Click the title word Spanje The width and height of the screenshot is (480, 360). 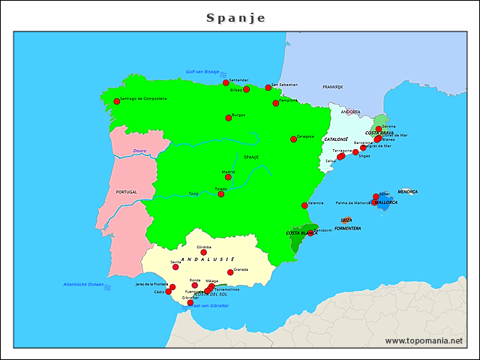[235, 17]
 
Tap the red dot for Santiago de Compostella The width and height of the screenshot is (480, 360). [116, 101]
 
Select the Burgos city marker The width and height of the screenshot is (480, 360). [229, 118]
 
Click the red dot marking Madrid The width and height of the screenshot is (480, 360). [228, 177]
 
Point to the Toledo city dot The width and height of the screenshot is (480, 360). [220, 194]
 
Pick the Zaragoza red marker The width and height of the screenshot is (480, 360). [294, 139]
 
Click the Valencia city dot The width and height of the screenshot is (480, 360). [304, 205]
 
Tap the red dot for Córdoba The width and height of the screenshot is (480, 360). [203, 252]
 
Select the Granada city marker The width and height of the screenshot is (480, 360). [230, 272]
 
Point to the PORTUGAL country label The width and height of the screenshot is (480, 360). [127, 192]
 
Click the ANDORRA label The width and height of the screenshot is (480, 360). [350, 112]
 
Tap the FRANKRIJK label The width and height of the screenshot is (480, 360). [332, 87]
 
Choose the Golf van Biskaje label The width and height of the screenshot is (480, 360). [202, 72]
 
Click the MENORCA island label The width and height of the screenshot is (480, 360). [408, 191]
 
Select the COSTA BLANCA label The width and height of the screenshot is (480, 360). [301, 233]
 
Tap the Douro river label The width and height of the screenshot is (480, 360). [139, 151]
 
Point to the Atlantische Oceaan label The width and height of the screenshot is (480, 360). [84, 285]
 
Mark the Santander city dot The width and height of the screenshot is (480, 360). [226, 82]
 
